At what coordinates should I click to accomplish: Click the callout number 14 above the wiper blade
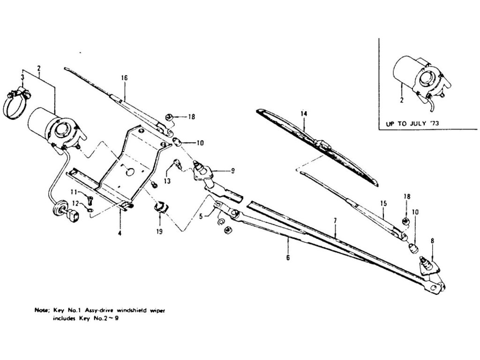point(303,113)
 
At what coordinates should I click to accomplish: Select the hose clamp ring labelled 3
point(17,104)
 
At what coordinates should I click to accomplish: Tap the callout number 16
point(124,78)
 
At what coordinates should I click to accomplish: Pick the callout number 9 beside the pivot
point(233,171)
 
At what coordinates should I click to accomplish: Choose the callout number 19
point(159,231)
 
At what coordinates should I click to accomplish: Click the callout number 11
point(73,192)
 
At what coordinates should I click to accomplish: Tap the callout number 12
point(73,202)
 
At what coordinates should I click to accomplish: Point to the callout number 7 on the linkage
point(336,220)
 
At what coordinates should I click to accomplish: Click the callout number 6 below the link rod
point(288,257)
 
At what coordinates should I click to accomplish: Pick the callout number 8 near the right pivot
point(432,241)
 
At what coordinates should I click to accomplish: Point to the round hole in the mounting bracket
point(129,172)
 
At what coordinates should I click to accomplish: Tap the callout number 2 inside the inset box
point(402,99)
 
